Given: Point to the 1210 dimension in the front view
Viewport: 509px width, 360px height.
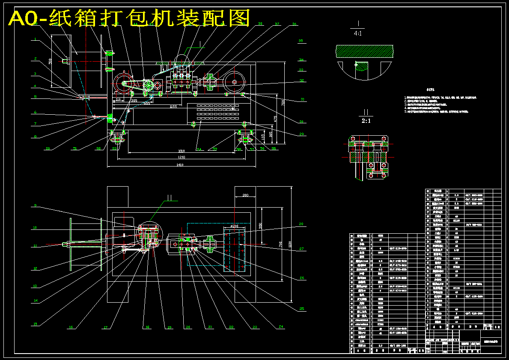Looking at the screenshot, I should [182, 158].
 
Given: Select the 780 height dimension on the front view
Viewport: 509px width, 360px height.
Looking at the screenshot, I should [283, 103].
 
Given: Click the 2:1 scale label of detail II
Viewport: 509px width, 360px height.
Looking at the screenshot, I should [366, 121].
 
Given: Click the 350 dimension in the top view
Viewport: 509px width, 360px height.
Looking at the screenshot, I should [260, 225].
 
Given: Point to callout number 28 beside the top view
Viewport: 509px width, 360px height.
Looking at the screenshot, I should [301, 224].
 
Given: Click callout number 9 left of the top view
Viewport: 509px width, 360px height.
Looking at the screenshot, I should [35, 205].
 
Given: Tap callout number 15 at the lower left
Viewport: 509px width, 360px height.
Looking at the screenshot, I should [35, 324].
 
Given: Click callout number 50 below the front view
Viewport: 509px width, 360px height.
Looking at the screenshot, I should [48, 149].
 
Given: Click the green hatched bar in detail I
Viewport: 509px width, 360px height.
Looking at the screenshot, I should [364, 51].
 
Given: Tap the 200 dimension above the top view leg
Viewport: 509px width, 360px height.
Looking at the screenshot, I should [245, 195].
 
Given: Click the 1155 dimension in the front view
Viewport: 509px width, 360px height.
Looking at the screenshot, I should [173, 106].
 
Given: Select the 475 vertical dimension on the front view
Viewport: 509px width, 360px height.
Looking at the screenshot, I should [276, 118].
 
